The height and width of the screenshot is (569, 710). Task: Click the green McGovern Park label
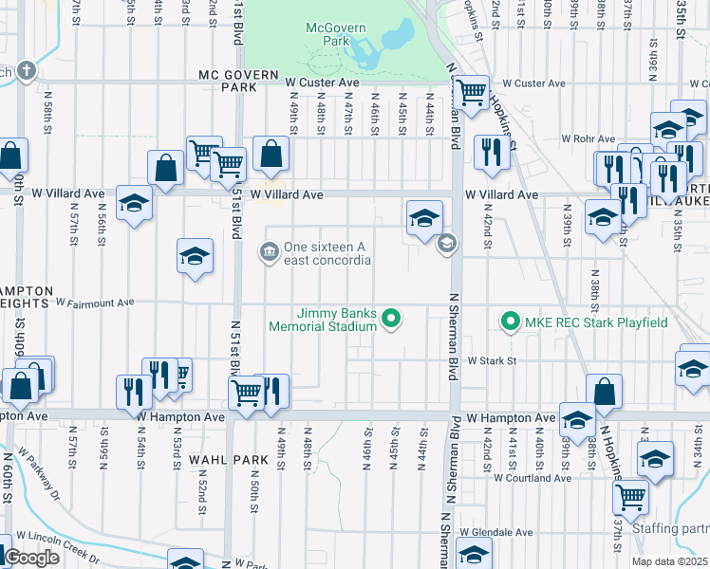pyautogui.click(x=335, y=35)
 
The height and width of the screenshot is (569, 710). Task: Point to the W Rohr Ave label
pyautogui.click(x=590, y=138)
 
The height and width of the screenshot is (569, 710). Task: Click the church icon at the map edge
pyautogui.click(x=26, y=71)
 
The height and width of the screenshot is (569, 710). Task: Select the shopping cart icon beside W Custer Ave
pyautogui.click(x=471, y=92)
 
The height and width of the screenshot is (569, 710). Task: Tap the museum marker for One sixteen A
pyautogui.click(x=269, y=251)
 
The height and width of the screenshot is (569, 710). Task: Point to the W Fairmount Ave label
pyautogui.click(x=97, y=303)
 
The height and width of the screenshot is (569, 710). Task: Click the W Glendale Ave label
pyautogui.click(x=493, y=533)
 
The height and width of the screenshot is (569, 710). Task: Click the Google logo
pyautogui.click(x=32, y=558)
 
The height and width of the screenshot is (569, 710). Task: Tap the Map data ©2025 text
pyautogui.click(x=668, y=561)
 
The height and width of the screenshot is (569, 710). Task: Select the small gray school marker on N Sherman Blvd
pyautogui.click(x=445, y=246)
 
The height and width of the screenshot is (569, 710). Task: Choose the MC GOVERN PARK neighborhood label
pyautogui.click(x=238, y=81)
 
